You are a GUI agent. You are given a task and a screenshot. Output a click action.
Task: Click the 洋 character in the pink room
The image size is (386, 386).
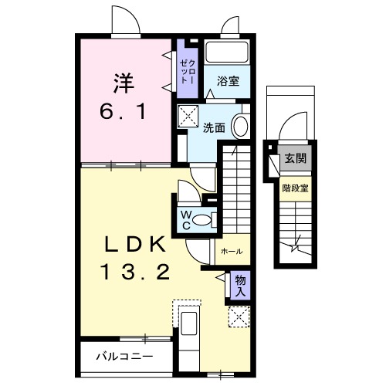(x=118, y=81)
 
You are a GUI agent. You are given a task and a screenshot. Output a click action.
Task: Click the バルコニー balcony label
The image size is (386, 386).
(x=124, y=357)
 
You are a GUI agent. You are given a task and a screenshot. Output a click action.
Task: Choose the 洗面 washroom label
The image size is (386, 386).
(x=214, y=128)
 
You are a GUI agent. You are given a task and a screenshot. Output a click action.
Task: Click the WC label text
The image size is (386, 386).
(x=186, y=220)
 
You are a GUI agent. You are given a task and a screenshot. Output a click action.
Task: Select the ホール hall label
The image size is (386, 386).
(x=232, y=252)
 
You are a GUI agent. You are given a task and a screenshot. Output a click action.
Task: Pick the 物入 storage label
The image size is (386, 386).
(x=241, y=286)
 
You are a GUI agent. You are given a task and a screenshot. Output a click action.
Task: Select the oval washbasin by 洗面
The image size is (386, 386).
(x=240, y=126)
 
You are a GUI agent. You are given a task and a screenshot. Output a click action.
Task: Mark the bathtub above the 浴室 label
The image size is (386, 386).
(x=228, y=54)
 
